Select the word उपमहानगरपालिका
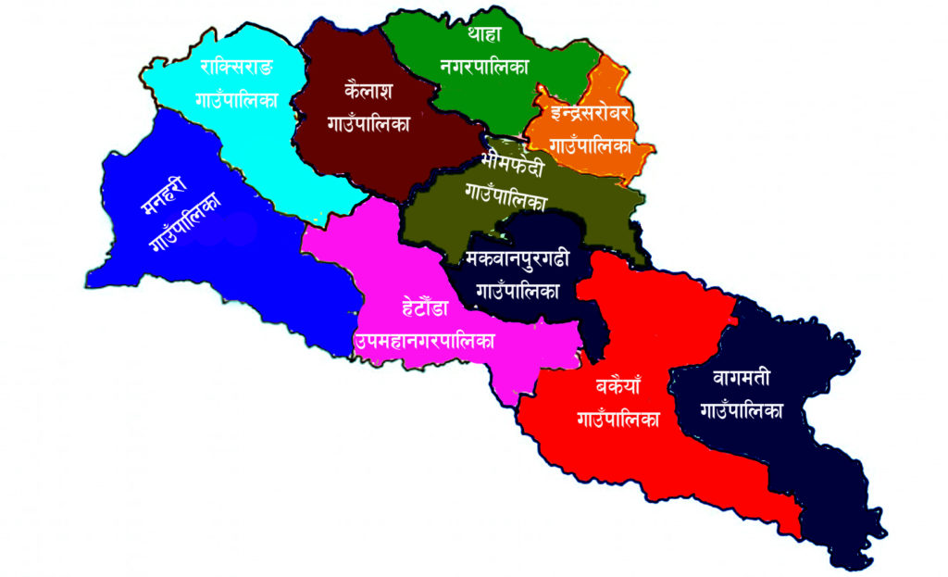[x=424, y=340]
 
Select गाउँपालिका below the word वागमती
[x=742, y=409]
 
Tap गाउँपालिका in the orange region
[x=591, y=145]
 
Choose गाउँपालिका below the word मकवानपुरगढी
[x=518, y=290]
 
